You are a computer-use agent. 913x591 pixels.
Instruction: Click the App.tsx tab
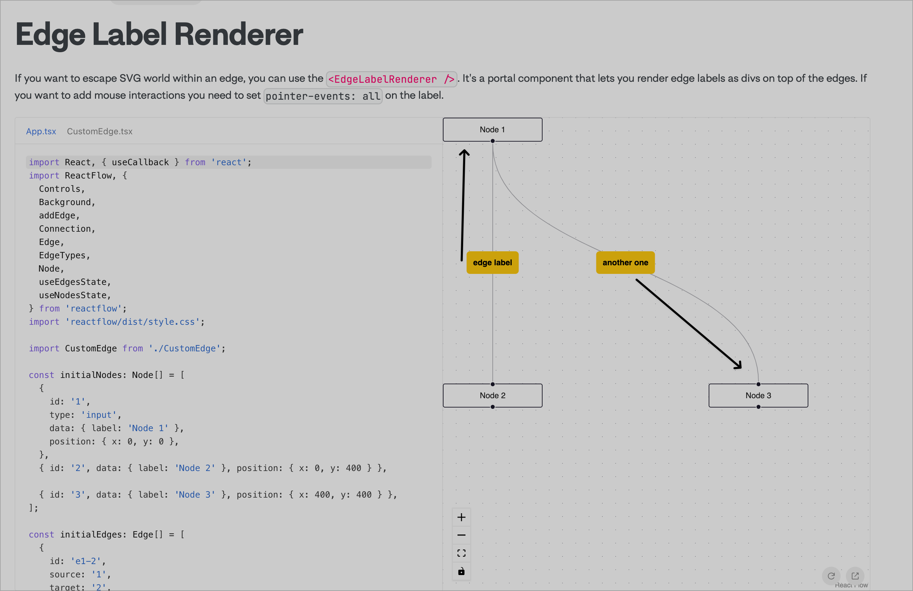[41, 131]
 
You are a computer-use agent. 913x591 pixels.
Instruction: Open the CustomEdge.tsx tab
[100, 131]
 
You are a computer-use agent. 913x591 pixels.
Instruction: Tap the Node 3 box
[758, 395]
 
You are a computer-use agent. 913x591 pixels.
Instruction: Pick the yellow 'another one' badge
[625, 263]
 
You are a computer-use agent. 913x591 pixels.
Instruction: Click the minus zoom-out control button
[461, 535]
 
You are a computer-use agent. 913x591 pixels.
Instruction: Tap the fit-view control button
[461, 553]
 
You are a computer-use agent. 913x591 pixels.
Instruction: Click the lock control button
[461, 571]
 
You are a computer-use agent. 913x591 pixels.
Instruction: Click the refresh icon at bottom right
[831, 576]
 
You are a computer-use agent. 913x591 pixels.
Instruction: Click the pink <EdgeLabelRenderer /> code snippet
[391, 79]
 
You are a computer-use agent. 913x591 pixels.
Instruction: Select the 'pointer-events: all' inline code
[323, 96]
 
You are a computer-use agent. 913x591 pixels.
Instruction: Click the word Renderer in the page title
[238, 35]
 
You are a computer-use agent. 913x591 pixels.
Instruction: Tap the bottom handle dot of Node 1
[493, 141]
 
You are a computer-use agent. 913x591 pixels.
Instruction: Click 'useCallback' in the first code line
[140, 162]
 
